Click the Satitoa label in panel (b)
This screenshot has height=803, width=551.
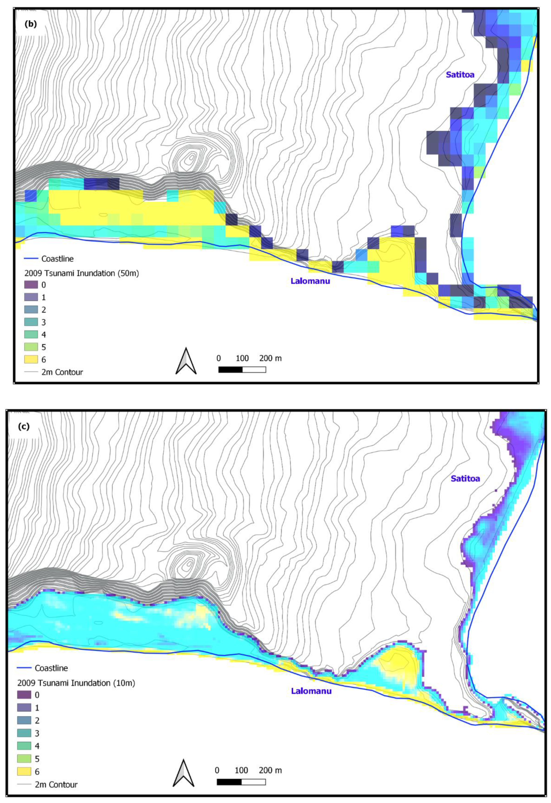coord(460,75)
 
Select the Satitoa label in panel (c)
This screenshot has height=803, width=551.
coord(465,479)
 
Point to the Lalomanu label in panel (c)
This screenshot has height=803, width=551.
coord(311,691)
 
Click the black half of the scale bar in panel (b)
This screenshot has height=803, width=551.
coord(230,369)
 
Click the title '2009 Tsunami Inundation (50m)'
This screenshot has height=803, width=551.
coord(82,273)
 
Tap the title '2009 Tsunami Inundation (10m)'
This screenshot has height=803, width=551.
coord(76,683)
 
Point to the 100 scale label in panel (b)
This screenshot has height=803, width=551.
coord(242,358)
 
